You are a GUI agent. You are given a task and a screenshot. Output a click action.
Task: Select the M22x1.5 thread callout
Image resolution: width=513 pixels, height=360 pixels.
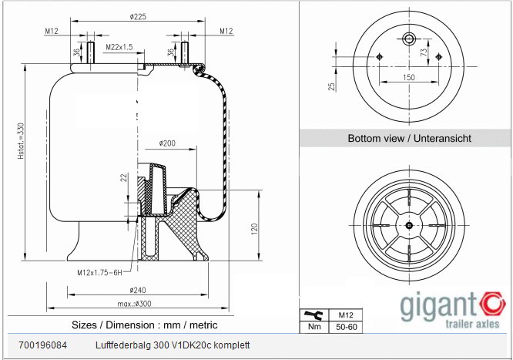(x=119, y=47)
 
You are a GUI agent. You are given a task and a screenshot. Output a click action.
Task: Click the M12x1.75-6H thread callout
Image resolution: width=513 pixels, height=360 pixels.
(x=100, y=272)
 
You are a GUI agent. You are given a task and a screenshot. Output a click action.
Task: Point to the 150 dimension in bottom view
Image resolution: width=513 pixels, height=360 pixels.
(x=408, y=78)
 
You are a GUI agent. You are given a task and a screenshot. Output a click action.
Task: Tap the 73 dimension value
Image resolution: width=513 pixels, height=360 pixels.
(x=424, y=52)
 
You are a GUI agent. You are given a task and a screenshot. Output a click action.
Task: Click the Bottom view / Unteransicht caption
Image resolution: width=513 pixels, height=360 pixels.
(x=409, y=139)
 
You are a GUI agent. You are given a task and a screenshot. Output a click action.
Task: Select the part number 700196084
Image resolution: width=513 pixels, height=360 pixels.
(x=42, y=345)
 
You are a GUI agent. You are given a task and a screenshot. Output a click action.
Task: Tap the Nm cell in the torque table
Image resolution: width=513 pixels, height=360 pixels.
(x=313, y=328)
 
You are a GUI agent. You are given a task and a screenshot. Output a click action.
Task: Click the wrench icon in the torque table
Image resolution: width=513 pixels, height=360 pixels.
(x=313, y=315)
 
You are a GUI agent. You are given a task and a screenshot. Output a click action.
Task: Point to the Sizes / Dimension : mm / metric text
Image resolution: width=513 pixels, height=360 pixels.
(x=143, y=325)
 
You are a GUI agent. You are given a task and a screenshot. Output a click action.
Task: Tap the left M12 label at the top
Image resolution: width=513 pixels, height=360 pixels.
(x=52, y=31)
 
